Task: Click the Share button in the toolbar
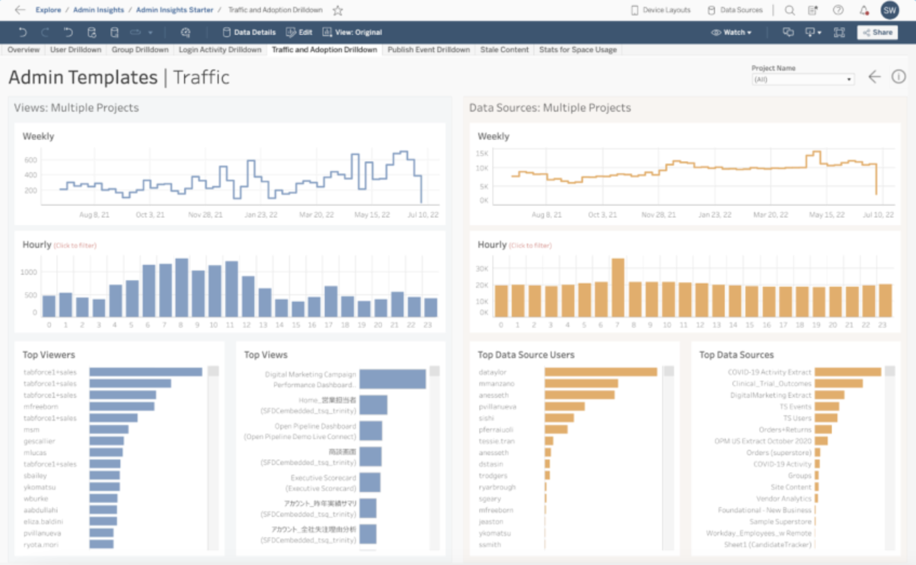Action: [877, 33]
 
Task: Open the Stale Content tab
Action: [504, 50]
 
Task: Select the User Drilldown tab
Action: [76, 50]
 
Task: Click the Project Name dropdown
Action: [803, 79]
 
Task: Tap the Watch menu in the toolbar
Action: [731, 33]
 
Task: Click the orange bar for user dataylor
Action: [601, 372]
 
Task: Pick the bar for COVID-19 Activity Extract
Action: [847, 372]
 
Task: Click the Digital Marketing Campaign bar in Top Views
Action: [392, 379]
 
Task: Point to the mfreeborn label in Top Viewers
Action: [41, 407]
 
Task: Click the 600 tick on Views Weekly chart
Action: [30, 160]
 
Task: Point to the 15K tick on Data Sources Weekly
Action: [481, 153]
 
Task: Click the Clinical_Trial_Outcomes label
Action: [771, 384]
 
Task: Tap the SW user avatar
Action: [890, 10]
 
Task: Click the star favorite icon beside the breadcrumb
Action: [338, 10]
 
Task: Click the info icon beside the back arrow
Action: [898, 77]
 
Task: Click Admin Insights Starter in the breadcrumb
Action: [175, 10]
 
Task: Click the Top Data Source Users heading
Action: [526, 355]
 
